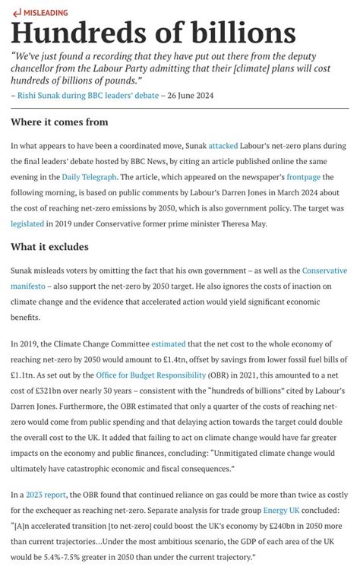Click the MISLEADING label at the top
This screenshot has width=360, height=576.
[46, 13]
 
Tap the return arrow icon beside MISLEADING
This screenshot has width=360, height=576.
[17, 13]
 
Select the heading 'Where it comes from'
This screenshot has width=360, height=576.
[59, 122]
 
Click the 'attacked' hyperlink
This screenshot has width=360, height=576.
[223, 145]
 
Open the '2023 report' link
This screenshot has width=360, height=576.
[45, 495]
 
